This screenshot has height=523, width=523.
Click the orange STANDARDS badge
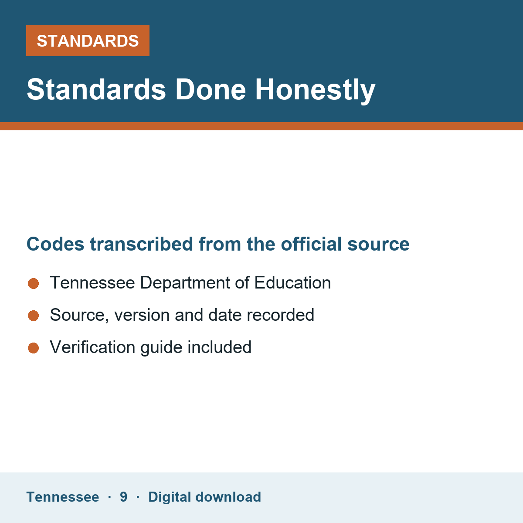88,41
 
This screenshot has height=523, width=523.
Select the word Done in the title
211,90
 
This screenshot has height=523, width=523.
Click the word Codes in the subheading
55,244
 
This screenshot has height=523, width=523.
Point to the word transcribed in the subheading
141,244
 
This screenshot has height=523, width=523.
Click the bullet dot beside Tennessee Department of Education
34,284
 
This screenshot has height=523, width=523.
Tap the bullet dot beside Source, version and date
34,316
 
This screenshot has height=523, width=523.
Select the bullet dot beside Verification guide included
34,348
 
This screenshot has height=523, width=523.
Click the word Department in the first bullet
185,283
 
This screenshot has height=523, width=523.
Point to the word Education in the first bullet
292,283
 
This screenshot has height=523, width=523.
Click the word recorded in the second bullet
281,315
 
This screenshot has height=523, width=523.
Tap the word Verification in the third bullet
92,347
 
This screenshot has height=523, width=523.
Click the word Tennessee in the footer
63,497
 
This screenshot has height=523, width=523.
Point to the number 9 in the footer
123,497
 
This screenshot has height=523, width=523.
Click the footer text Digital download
205,497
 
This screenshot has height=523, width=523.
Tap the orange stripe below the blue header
261,126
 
